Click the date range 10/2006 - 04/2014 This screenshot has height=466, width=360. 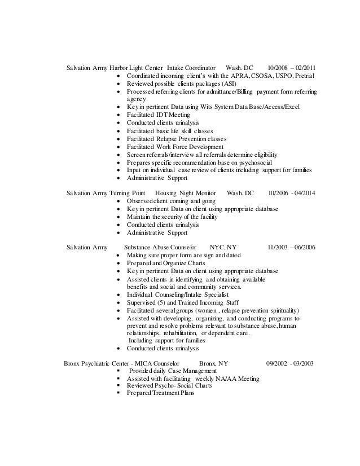[292, 194]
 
